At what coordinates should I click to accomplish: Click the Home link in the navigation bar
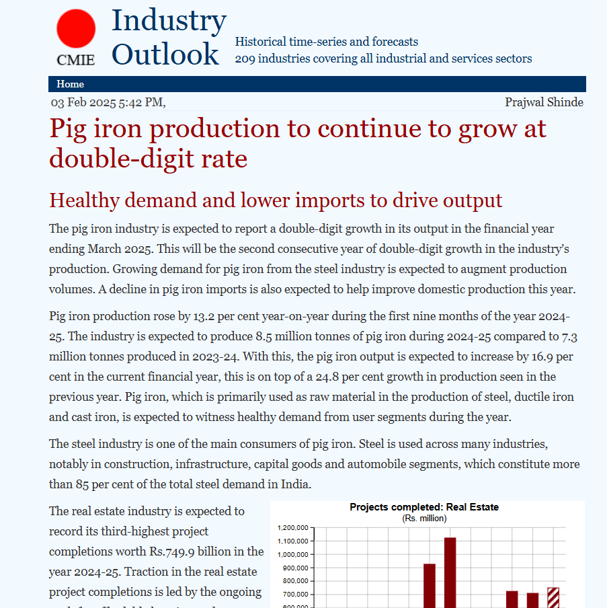coord(71,84)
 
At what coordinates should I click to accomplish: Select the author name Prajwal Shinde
coord(544,102)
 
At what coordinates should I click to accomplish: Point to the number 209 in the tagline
coord(245,59)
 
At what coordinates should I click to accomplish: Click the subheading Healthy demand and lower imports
coord(276,200)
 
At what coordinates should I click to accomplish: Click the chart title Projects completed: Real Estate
coord(424,507)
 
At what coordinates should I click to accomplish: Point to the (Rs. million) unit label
coord(424,518)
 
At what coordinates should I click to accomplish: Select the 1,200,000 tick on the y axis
coord(292,528)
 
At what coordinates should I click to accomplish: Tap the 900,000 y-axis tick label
coord(295,568)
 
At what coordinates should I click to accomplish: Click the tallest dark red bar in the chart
coord(450,572)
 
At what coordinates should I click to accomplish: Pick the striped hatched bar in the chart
coord(553,597)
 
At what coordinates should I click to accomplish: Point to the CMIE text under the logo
coord(76,60)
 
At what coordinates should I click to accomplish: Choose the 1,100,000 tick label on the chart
coord(292,541)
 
